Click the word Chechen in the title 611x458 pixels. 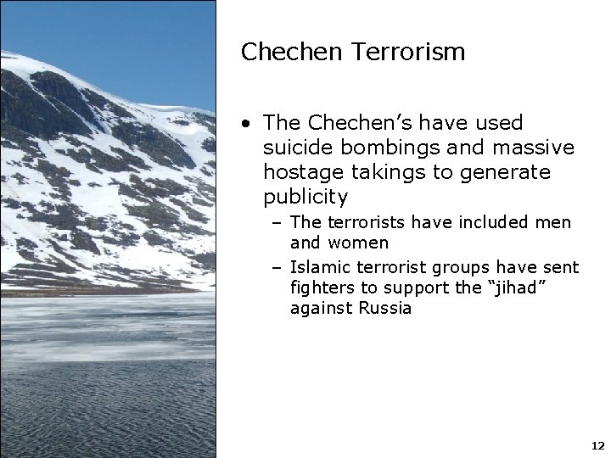coord(280,52)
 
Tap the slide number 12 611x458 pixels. coord(596,445)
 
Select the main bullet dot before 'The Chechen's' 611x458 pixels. coord(245,125)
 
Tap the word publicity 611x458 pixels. coord(305,198)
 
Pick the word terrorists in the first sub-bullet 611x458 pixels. coord(363,222)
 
